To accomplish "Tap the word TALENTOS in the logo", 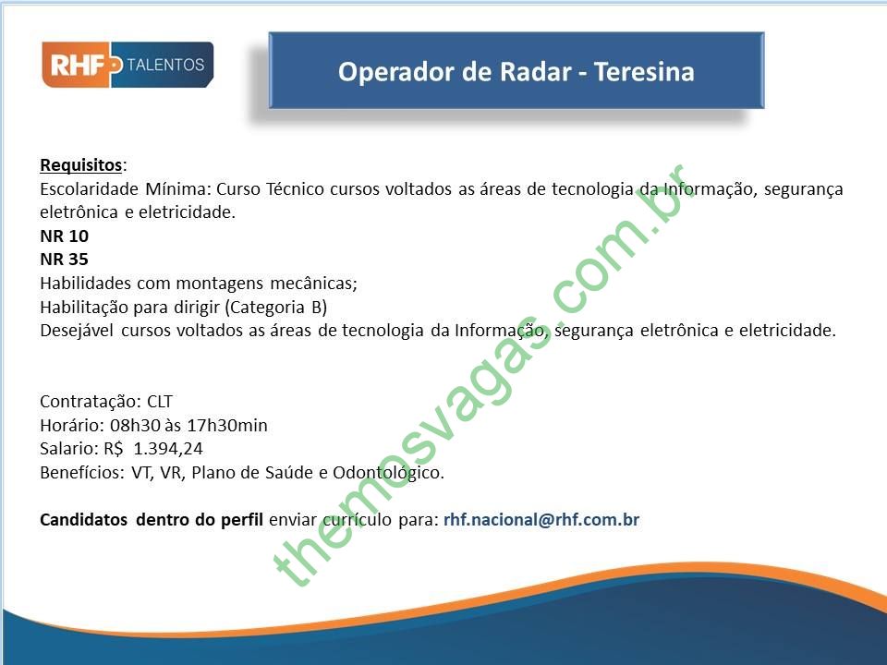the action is click(165, 65).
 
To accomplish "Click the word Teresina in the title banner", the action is click(644, 72).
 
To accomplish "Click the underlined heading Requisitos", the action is click(81, 165).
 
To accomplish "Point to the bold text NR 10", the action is click(64, 236).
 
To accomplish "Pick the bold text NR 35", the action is click(64, 260).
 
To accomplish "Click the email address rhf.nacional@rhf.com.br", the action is click(541, 520).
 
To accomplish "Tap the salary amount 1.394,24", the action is click(168, 449).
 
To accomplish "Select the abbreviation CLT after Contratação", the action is click(160, 402).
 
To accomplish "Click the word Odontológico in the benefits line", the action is click(388, 473).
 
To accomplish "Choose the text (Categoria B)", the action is click(276, 307).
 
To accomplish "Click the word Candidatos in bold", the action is click(84, 520).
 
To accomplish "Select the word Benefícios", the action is click(82, 473).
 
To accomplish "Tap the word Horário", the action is click(72, 425).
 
